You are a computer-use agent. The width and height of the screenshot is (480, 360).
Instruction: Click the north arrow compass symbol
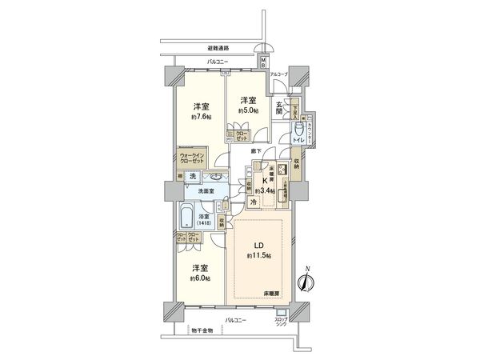click(x=306, y=281)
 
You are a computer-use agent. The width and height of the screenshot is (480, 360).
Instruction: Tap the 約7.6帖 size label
click(x=201, y=117)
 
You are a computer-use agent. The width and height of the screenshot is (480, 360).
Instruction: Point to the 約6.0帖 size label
click(x=201, y=278)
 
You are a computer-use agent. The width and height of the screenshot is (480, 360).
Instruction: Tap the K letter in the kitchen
click(x=261, y=182)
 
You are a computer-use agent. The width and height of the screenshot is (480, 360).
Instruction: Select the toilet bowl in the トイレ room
click(x=299, y=130)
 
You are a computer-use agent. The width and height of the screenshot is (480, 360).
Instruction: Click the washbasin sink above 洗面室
click(x=214, y=178)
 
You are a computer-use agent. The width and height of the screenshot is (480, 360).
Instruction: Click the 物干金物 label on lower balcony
click(x=202, y=330)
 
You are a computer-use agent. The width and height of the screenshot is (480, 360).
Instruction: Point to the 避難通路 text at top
click(x=218, y=47)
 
